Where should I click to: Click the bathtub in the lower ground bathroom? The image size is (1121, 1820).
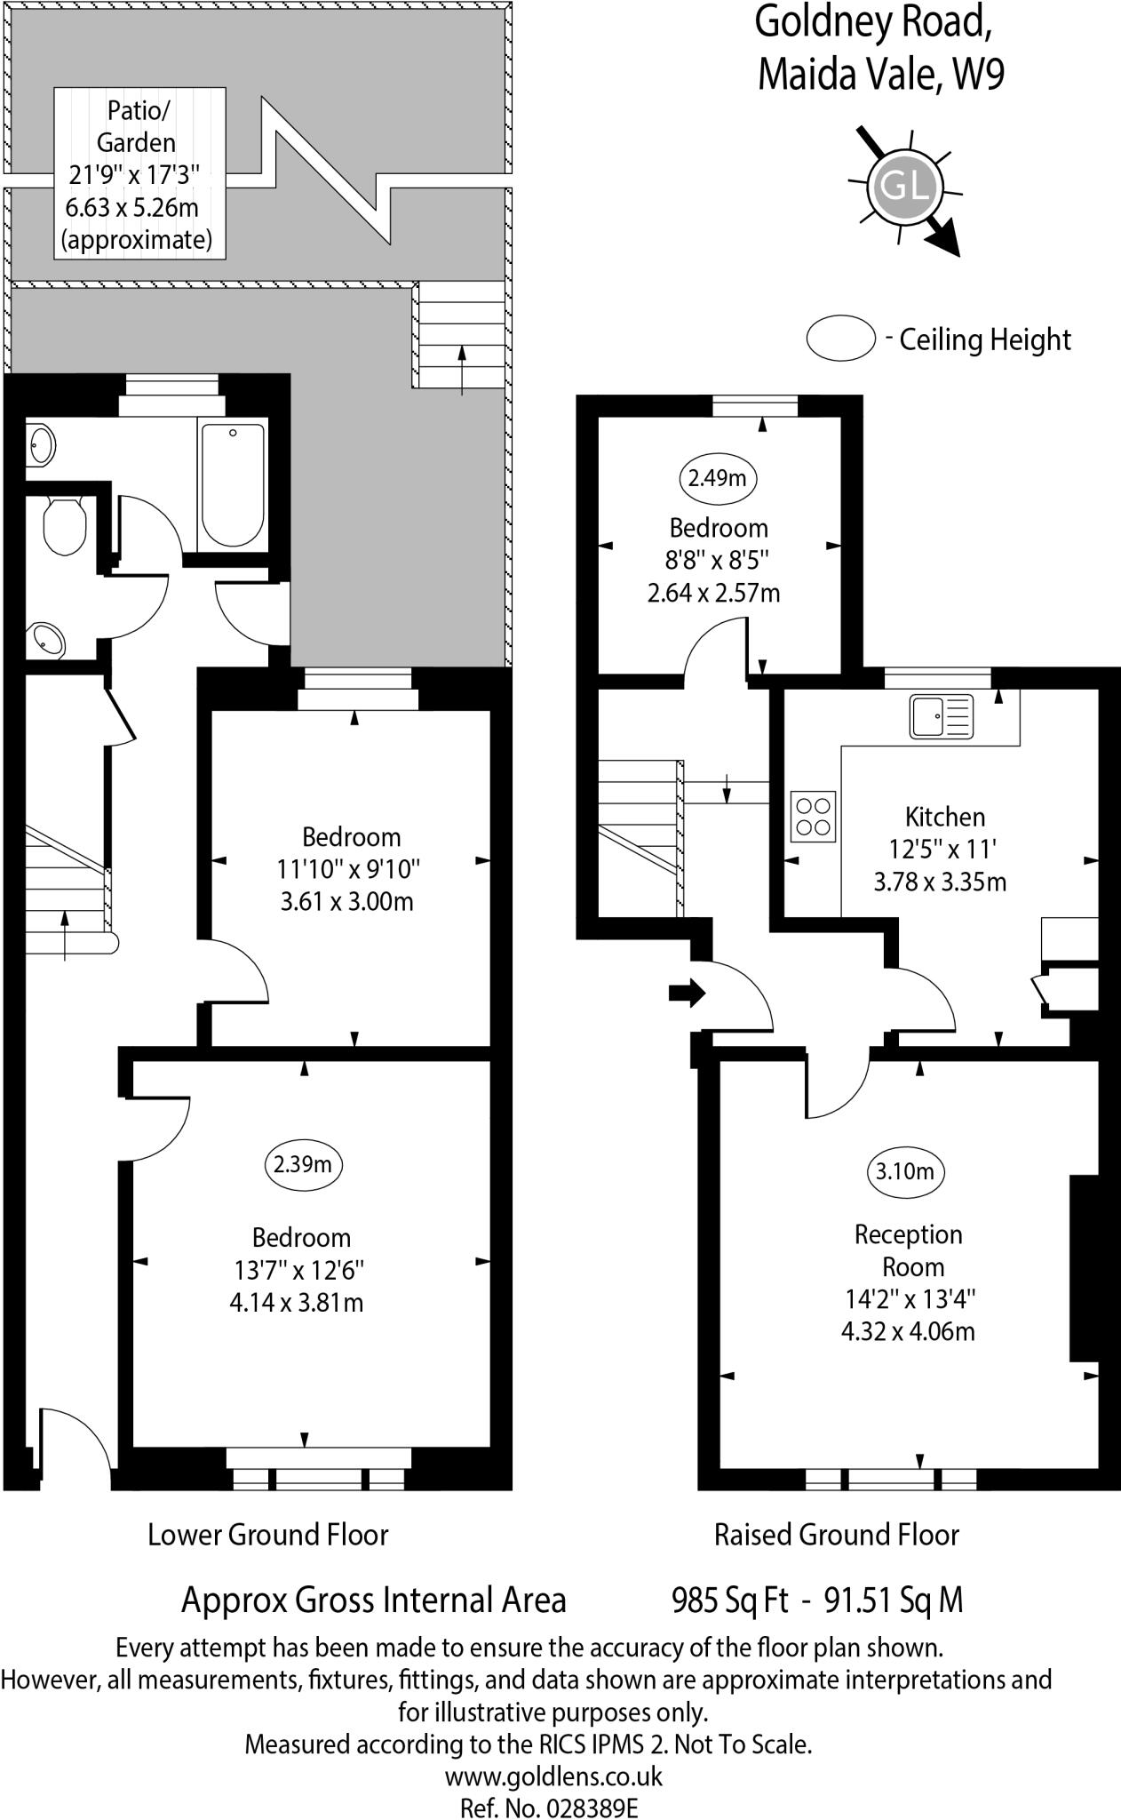click(233, 484)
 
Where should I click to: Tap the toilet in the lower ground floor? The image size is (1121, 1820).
click(63, 524)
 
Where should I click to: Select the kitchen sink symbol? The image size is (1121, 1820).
click(941, 716)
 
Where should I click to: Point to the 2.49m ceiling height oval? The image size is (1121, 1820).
click(718, 478)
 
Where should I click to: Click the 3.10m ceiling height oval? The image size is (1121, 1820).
click(904, 1171)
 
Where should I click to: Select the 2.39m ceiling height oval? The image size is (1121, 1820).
click(303, 1163)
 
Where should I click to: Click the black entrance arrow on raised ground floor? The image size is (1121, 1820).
click(687, 993)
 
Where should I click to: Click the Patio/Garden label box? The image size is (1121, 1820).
click(139, 173)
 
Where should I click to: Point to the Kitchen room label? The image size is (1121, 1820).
click(944, 816)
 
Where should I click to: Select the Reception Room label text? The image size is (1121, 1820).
click(908, 1249)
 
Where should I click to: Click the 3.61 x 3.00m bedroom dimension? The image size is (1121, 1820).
click(346, 902)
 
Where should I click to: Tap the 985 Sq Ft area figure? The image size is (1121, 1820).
click(730, 1600)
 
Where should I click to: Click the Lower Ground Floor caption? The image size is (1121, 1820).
click(268, 1534)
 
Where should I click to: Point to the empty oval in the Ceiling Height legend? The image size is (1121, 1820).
click(840, 339)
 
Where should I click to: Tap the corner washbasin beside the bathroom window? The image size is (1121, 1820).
click(41, 443)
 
